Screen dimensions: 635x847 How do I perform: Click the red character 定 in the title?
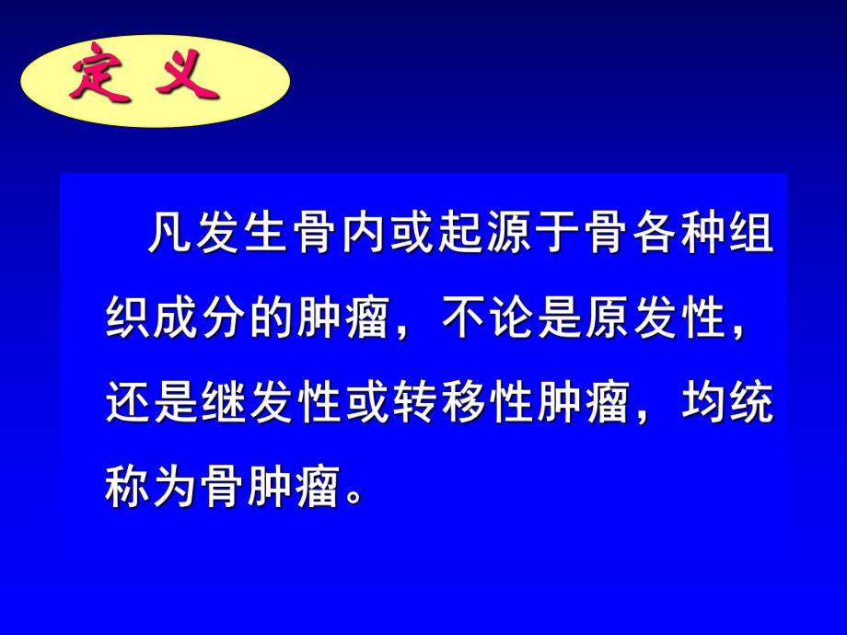pos(97,81)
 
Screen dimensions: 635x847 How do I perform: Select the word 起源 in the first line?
pos(482,241)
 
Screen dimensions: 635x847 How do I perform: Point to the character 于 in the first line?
pos(554,241)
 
